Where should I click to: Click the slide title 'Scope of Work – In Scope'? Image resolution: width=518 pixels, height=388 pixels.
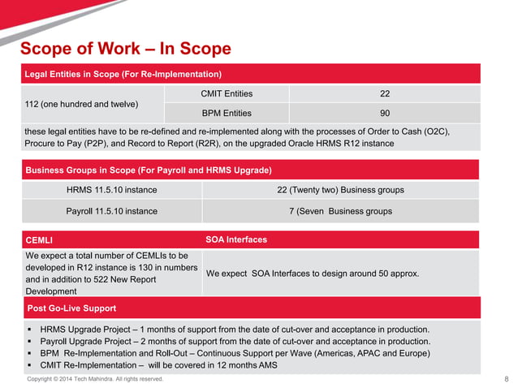click(125, 49)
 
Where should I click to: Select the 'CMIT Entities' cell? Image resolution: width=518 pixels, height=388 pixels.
click(226, 94)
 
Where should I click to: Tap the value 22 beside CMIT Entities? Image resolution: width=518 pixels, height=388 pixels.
click(373, 94)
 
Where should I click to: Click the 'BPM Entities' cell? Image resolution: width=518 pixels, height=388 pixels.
click(226, 114)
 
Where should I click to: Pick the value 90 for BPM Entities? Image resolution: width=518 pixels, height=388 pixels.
click(373, 114)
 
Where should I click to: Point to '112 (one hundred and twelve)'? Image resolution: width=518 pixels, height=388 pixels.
click(81, 104)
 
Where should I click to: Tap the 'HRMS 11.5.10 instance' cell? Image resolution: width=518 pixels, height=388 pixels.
click(111, 190)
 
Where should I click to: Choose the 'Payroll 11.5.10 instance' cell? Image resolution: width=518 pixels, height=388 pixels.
click(111, 211)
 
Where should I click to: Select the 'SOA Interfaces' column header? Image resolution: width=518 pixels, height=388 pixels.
click(236, 240)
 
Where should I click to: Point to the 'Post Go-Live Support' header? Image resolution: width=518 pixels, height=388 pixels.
click(71, 308)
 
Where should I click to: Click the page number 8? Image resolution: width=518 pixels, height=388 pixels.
click(506, 379)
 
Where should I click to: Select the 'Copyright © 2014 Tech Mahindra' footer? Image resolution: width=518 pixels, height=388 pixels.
click(95, 379)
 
